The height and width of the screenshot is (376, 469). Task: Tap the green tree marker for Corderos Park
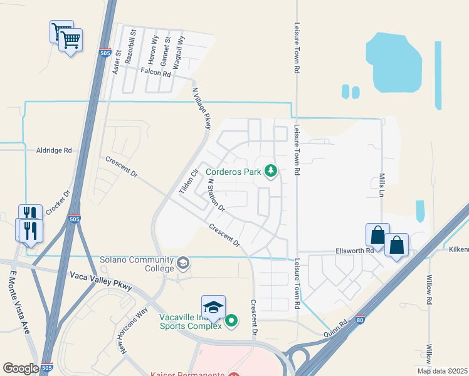[271, 170]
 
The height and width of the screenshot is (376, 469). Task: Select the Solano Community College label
[137, 264]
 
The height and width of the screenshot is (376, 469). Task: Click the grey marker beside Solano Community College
[184, 263]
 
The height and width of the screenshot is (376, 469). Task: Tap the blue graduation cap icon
[214, 306]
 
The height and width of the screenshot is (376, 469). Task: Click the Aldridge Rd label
[55, 150]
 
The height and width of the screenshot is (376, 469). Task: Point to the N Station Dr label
[216, 194]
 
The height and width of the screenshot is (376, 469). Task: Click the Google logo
[21, 368]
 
